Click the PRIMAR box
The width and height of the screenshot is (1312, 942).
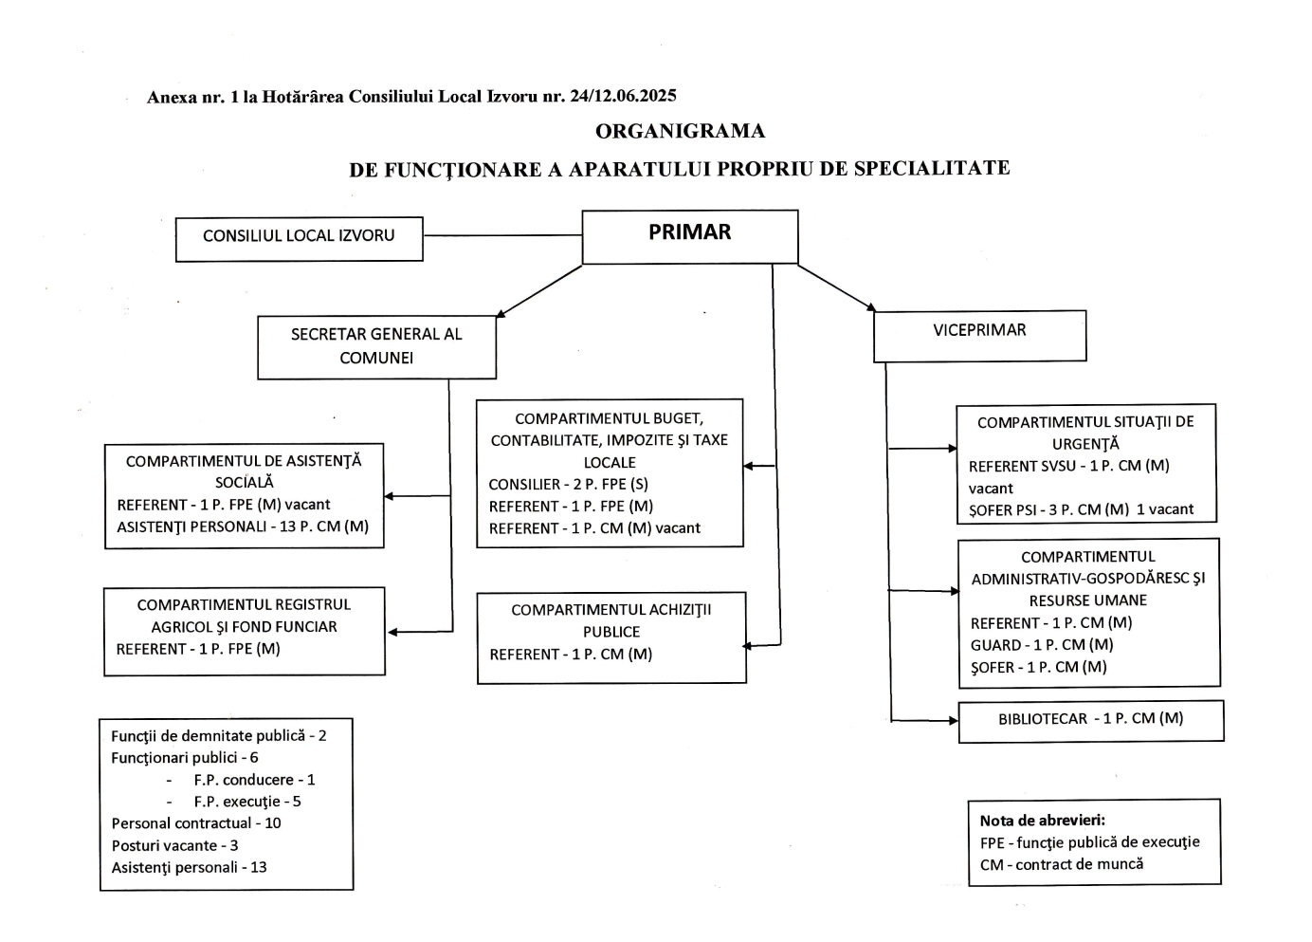pos(689,236)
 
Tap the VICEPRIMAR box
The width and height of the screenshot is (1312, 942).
pos(979,335)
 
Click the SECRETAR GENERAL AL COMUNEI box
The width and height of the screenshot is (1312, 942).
pos(376,346)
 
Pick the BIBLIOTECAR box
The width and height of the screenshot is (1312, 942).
pos(1090,720)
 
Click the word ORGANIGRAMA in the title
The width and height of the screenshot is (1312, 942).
pos(680,131)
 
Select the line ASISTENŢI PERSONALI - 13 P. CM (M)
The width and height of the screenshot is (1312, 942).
pos(243,526)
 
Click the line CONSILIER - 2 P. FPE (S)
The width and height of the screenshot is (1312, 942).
pos(568,484)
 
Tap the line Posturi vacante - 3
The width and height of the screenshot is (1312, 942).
pos(175,845)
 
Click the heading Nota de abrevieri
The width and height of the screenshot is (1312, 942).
pos(1042,821)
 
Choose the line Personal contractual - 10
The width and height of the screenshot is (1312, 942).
pos(196,823)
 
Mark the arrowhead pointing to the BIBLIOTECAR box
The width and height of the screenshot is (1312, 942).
pos(954,721)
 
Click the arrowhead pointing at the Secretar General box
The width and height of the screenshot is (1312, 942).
pos(501,314)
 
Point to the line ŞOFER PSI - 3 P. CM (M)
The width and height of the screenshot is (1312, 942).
pos(1048,509)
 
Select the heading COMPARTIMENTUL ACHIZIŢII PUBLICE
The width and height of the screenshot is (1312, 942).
pos(611,620)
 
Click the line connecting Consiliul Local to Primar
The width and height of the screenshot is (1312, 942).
pos(501,235)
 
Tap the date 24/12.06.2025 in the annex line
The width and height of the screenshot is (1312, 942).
pos(622,96)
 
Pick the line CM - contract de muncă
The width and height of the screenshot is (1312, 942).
pos(1062,864)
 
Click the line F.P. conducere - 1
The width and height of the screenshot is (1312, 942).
pos(254,780)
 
